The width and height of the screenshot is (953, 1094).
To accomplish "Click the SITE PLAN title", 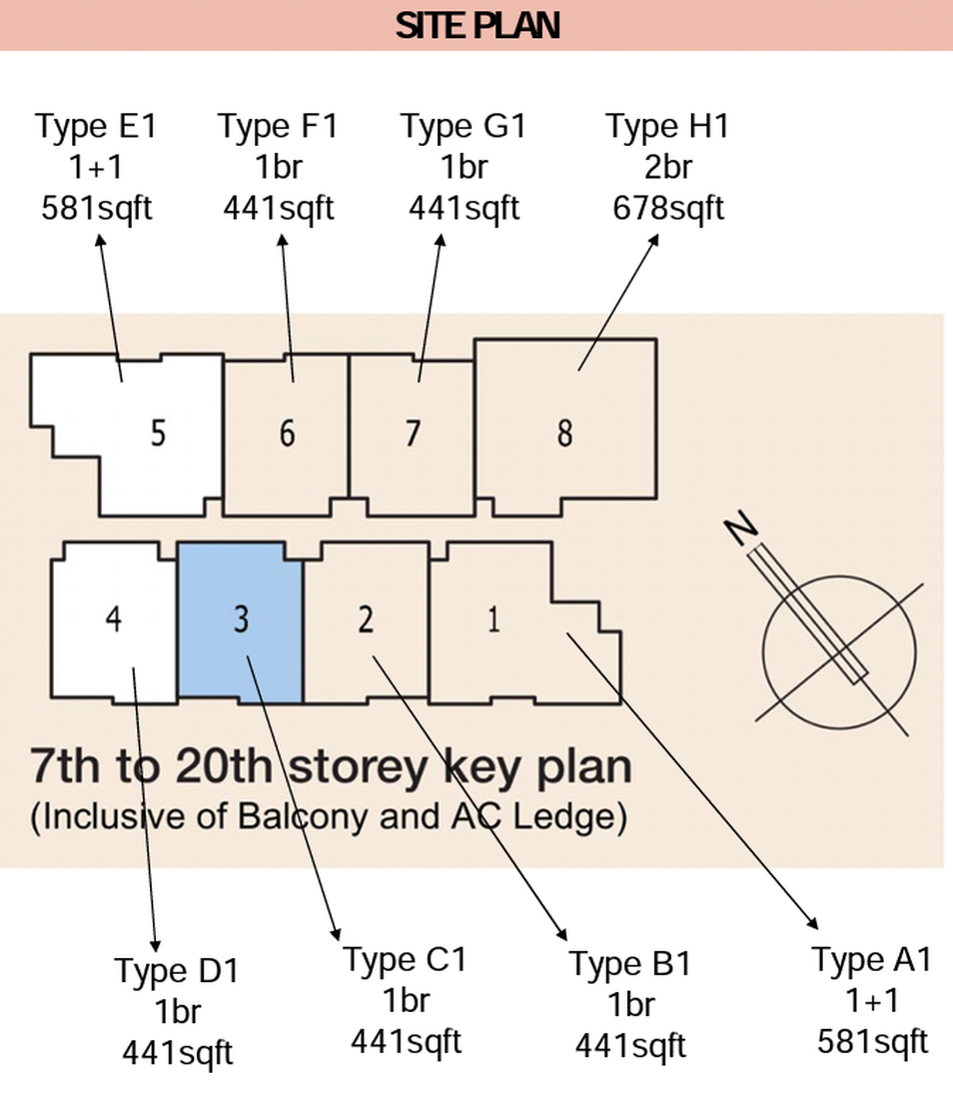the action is point(477,26).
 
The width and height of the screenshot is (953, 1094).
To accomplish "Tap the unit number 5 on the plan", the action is point(159,433).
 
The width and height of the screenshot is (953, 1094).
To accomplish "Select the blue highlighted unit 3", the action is point(241,622).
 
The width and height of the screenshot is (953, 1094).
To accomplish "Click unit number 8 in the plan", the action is point(565,433).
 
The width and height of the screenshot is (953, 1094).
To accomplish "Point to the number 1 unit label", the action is point(493,618).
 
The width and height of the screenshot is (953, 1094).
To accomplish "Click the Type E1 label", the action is point(96,126).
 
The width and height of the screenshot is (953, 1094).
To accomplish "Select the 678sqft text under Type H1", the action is point(668,208).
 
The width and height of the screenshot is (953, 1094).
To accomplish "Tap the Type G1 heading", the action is point(464,126).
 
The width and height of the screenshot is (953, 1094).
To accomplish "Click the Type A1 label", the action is point(871,960).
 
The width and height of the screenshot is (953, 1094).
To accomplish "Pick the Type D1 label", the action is point(177,971).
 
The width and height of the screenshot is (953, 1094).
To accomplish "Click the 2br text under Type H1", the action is point(668,168).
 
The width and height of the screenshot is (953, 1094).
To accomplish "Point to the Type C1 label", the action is point(406,960).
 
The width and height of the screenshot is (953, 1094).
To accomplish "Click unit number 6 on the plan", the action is point(287,433).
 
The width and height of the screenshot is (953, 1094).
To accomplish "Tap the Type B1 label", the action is point(630,964).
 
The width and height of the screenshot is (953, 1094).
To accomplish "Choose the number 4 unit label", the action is point(113,618).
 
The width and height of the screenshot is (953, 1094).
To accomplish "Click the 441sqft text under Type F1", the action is point(279,208).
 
